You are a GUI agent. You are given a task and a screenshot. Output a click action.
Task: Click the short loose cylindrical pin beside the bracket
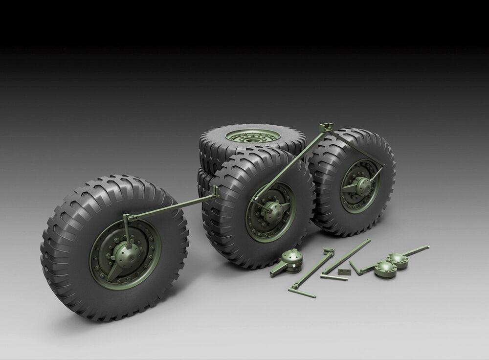(334, 277)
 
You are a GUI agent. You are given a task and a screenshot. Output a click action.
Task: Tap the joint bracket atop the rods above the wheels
(323, 128)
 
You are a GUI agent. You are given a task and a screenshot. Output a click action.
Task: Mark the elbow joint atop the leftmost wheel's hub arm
(127, 217)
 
